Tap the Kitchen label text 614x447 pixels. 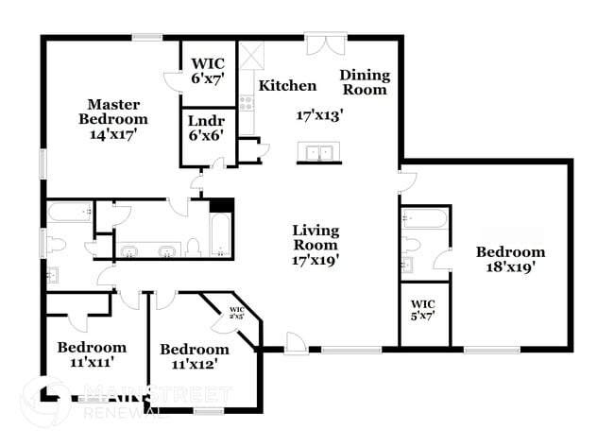[287, 86]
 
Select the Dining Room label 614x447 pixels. [364, 82]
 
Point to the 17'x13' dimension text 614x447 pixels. [319, 115]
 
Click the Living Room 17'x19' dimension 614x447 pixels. [316, 258]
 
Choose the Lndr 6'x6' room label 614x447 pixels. [206, 129]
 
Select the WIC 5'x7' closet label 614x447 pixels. [421, 310]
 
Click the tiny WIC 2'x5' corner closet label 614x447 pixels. [237, 312]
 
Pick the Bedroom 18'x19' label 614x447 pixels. [510, 259]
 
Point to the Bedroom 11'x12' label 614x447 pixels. [196, 354]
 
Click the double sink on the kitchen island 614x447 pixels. [319, 153]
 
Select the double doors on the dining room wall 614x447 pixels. [320, 43]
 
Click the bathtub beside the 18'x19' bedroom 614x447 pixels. [424, 219]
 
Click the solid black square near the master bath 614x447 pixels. [221, 203]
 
